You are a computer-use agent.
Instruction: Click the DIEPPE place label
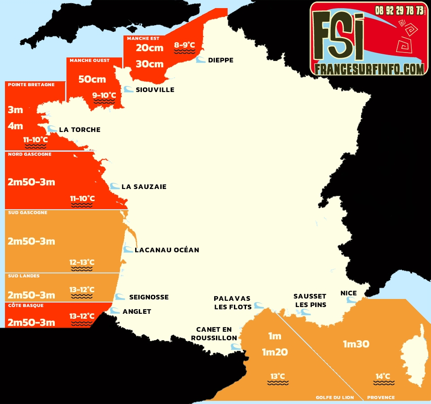220,60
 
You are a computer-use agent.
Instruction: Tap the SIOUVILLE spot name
155,90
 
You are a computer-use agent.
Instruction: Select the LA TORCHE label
79,130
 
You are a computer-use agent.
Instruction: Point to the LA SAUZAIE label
144,187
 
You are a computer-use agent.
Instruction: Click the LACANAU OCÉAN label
167,250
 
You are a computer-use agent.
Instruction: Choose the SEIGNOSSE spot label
149,297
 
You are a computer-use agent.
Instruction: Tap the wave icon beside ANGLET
115,311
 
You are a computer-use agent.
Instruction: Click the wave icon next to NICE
351,301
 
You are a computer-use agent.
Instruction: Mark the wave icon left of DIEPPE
201,60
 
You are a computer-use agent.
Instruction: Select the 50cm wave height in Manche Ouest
92,79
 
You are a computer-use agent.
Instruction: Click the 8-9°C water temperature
185,45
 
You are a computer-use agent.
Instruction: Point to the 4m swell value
15,126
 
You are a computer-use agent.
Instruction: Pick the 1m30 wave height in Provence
356,344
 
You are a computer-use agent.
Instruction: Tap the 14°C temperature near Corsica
383,376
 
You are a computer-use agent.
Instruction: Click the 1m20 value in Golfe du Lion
275,352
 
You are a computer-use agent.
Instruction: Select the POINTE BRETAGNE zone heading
31,84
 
